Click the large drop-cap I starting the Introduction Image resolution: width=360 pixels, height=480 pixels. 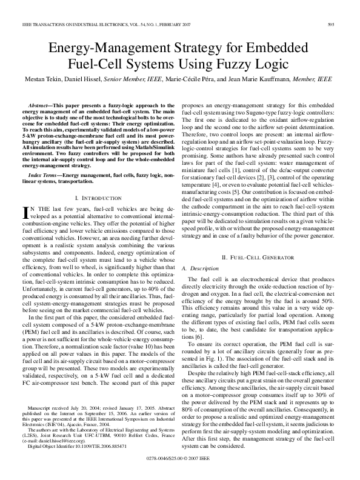coord(25,212)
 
